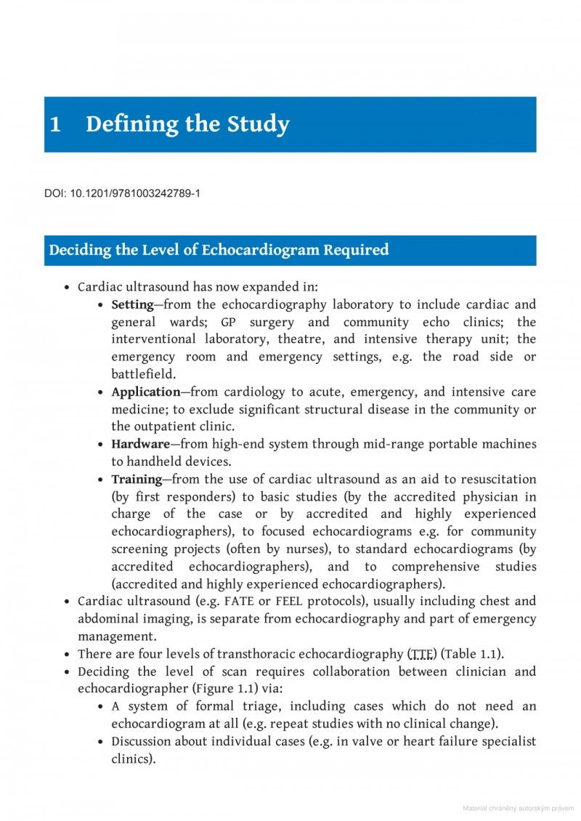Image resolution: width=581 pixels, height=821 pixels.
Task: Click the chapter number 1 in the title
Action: pyautogui.click(x=54, y=125)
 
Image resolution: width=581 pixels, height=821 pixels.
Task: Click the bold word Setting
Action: pyautogui.click(x=132, y=304)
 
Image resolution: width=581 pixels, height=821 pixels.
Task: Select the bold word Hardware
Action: pyautogui.click(x=140, y=444)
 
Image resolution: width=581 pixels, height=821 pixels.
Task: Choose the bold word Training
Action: pyautogui.click(x=136, y=480)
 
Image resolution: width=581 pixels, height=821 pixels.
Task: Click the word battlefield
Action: pyautogui.click(x=143, y=374)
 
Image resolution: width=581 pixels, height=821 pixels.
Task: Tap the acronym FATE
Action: pyautogui.click(x=239, y=602)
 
